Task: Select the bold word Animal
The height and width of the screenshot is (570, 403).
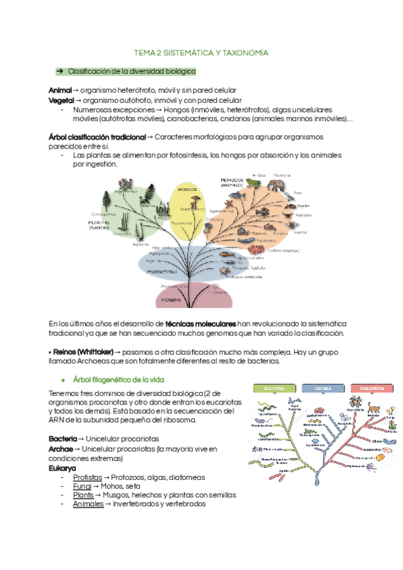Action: (x=59, y=90)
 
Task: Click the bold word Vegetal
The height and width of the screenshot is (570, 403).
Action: (x=60, y=99)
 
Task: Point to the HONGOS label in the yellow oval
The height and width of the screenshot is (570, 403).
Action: (x=187, y=190)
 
